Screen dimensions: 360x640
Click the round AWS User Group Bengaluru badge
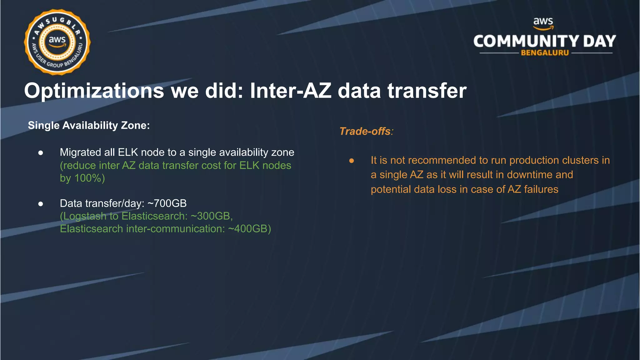pos(57,42)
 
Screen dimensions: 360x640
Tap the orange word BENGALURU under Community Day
pos(545,53)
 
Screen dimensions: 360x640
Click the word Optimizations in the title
pos(94,91)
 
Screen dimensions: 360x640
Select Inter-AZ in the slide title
pos(290,91)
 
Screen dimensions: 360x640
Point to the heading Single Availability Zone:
pos(89,125)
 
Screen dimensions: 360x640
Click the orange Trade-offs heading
pos(365,131)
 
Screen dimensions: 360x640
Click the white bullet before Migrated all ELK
pos(41,153)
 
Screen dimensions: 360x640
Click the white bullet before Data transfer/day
pos(41,204)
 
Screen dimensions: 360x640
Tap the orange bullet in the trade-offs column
pos(352,161)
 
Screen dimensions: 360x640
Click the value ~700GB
pos(167,203)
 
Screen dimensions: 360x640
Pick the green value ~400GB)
pos(249,229)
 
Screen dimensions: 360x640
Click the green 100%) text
pos(89,178)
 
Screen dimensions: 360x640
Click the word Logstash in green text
pos(84,216)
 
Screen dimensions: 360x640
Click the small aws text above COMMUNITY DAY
pos(543,21)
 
